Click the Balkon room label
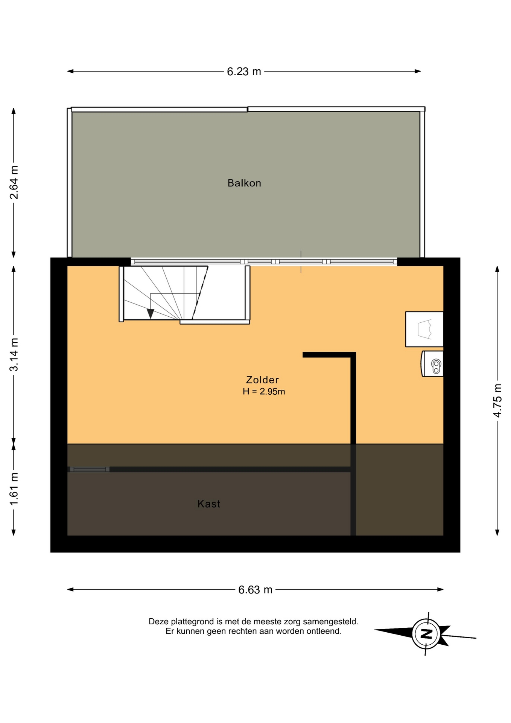(244, 183)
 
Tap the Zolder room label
(262, 380)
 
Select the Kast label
(209, 504)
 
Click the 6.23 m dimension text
(244, 72)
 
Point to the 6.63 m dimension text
(255, 590)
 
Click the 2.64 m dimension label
(14, 182)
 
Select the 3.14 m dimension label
(14, 355)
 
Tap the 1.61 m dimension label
(14, 489)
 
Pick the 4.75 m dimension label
(497, 401)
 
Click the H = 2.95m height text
(264, 392)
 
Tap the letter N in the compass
(426, 634)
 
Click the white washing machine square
(424, 329)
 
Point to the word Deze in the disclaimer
(158, 622)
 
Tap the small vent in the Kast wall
(90, 470)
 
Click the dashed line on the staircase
(200, 293)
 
